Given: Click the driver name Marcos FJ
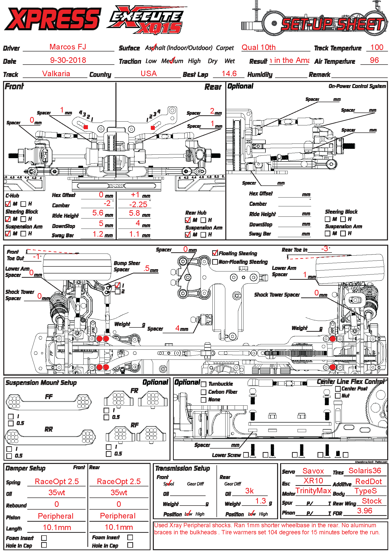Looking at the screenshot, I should click(x=68, y=47).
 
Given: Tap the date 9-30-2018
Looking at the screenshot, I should click(x=68, y=60).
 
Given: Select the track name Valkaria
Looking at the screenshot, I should click(x=56, y=73).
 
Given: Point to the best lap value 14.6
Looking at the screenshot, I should click(x=229, y=73).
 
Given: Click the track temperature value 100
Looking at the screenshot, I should click(x=377, y=47).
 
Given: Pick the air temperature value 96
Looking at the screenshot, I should click(x=374, y=60).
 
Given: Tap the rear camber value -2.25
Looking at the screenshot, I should click(x=138, y=204).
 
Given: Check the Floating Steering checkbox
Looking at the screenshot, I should click(x=215, y=253).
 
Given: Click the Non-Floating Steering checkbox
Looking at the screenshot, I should click(x=215, y=262).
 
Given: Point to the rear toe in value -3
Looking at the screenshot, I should click(x=325, y=249).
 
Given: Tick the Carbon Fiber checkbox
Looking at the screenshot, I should click(x=204, y=392).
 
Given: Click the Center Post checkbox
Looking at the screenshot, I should click(x=338, y=389).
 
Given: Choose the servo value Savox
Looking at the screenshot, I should click(x=313, y=471).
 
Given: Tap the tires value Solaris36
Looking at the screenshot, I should click(x=364, y=470).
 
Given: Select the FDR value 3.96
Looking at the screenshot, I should click(x=364, y=511).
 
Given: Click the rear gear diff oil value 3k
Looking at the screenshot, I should click(x=249, y=491).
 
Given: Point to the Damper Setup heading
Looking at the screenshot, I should click(x=26, y=468).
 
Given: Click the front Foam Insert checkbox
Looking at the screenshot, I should click(x=44, y=538).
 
